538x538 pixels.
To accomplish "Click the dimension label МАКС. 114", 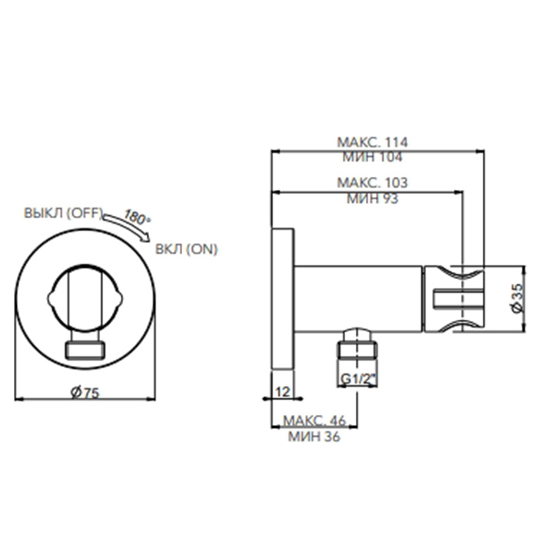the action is point(372,142).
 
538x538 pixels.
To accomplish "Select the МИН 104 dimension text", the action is point(372,157).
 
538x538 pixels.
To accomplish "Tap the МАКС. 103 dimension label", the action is point(372,183).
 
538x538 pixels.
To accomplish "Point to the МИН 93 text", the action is point(372,198).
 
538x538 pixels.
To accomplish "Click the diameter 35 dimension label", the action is point(518,298).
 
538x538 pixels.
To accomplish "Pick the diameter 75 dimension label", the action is point(85,392).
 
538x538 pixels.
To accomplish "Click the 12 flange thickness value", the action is point(283,391).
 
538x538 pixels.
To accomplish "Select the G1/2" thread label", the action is point(358,379).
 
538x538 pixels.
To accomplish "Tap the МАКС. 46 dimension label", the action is point(314,420).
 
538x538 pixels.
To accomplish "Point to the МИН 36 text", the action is point(314,437).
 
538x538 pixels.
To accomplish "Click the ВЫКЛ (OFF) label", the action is point(63,213).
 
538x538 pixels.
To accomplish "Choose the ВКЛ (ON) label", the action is point(186,249).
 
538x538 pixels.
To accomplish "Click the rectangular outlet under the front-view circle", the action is point(85,350).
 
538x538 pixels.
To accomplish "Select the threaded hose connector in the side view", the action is point(357,344).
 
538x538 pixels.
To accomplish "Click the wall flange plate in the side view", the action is point(283,299).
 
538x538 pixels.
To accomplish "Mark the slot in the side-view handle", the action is point(458,298).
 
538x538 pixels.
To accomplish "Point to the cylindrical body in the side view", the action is point(358,299).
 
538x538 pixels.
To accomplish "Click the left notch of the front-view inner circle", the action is point(51,299).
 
